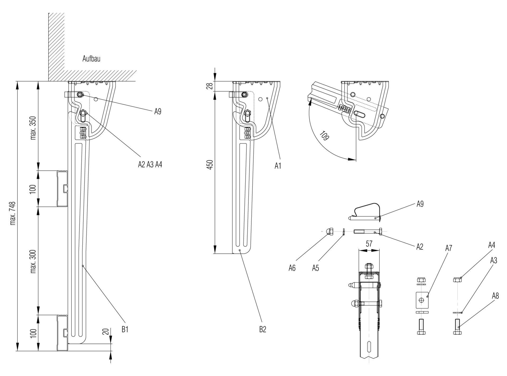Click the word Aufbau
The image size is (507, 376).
pyautogui.click(x=91, y=59)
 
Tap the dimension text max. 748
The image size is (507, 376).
pyautogui.click(x=13, y=214)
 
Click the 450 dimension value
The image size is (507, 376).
pyautogui.click(x=210, y=165)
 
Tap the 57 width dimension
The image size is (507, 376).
pyautogui.click(x=369, y=244)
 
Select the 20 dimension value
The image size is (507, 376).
pyautogui.click(x=106, y=331)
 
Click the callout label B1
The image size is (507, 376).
pyautogui.click(x=125, y=329)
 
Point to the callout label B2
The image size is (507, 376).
pyautogui.click(x=262, y=329)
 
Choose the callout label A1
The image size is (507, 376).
pyautogui.click(x=278, y=166)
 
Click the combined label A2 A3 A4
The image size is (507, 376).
pyautogui.click(x=150, y=165)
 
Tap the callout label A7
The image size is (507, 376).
pyautogui.click(x=449, y=248)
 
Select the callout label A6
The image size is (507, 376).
pyautogui.click(x=292, y=268)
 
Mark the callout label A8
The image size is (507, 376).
pyautogui.click(x=495, y=296)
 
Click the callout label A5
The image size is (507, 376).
pyautogui.click(x=316, y=268)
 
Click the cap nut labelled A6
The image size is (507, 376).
pyautogui.click(x=330, y=231)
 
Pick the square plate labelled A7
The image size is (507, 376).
pyautogui.click(x=422, y=300)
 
